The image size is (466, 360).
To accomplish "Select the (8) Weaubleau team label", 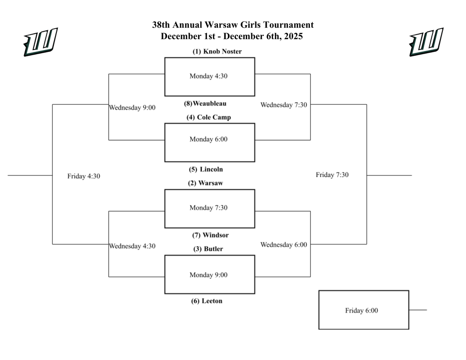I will (x=205, y=103).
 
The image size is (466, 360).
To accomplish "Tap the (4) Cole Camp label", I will (x=208, y=117).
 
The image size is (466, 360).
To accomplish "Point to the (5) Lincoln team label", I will (x=206, y=169).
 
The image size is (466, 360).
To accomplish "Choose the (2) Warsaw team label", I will (x=205, y=183).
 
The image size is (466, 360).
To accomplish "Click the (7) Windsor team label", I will (x=210, y=235).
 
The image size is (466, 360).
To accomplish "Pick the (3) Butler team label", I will (x=207, y=249).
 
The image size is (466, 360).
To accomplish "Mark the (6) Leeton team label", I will (x=207, y=301).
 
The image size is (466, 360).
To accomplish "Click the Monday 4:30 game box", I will (x=209, y=76).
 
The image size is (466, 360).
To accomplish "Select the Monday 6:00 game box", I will (x=209, y=142).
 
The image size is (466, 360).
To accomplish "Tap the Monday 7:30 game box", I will (x=209, y=208).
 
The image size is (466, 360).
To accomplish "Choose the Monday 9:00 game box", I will (x=209, y=274).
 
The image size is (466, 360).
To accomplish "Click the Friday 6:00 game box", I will (x=363, y=310).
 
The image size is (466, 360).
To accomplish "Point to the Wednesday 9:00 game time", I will (x=132, y=108).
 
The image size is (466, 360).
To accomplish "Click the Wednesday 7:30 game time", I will (x=284, y=105).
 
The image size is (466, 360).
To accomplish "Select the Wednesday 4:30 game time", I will (x=132, y=246).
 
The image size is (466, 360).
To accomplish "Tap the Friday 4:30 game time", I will (x=84, y=176).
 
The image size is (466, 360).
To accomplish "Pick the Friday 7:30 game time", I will (x=332, y=175).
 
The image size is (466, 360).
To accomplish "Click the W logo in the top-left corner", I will (x=41, y=42).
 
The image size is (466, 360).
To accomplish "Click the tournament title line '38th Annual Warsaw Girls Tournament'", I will (x=233, y=25).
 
